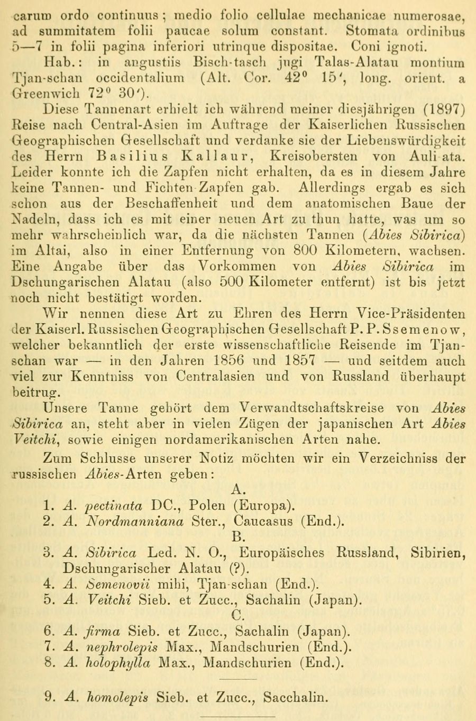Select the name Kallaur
point(223,157)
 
